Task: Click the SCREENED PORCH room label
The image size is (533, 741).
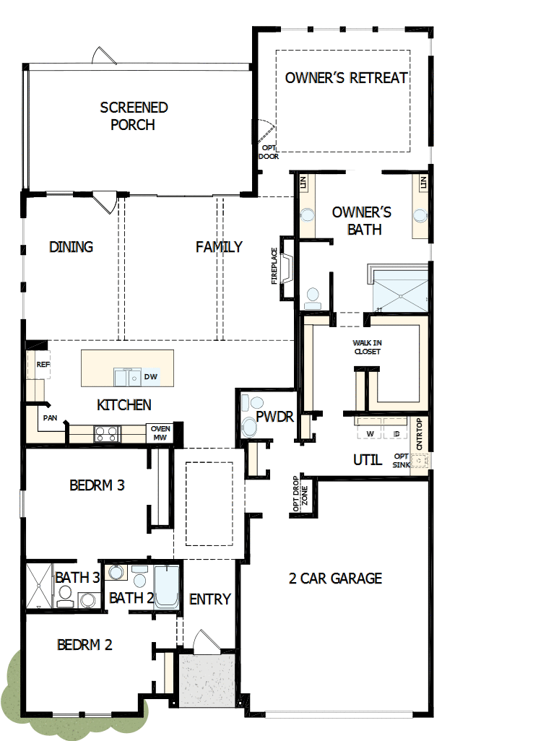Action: pyautogui.click(x=134, y=116)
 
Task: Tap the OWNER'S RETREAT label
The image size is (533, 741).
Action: pyautogui.click(x=347, y=78)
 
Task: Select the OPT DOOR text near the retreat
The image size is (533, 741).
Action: pyautogui.click(x=269, y=152)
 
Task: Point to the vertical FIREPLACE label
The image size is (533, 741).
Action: pyautogui.click(x=274, y=266)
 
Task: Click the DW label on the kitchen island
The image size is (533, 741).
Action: pyautogui.click(x=150, y=376)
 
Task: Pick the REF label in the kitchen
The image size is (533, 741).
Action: pyautogui.click(x=43, y=365)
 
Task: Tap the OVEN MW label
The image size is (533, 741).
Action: pyautogui.click(x=160, y=433)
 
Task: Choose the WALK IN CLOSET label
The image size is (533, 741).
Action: pyautogui.click(x=367, y=347)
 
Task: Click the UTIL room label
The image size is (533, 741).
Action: pyautogui.click(x=367, y=459)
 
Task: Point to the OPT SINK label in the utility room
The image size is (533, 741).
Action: pyautogui.click(x=402, y=460)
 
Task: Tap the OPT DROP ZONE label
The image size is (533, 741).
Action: pyautogui.click(x=300, y=496)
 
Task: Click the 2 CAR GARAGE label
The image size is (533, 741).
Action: pyautogui.click(x=335, y=578)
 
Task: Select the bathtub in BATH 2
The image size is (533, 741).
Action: pyautogui.click(x=166, y=586)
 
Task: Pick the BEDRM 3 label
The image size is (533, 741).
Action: pyautogui.click(x=97, y=485)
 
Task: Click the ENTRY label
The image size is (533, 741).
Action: pyautogui.click(x=209, y=599)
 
